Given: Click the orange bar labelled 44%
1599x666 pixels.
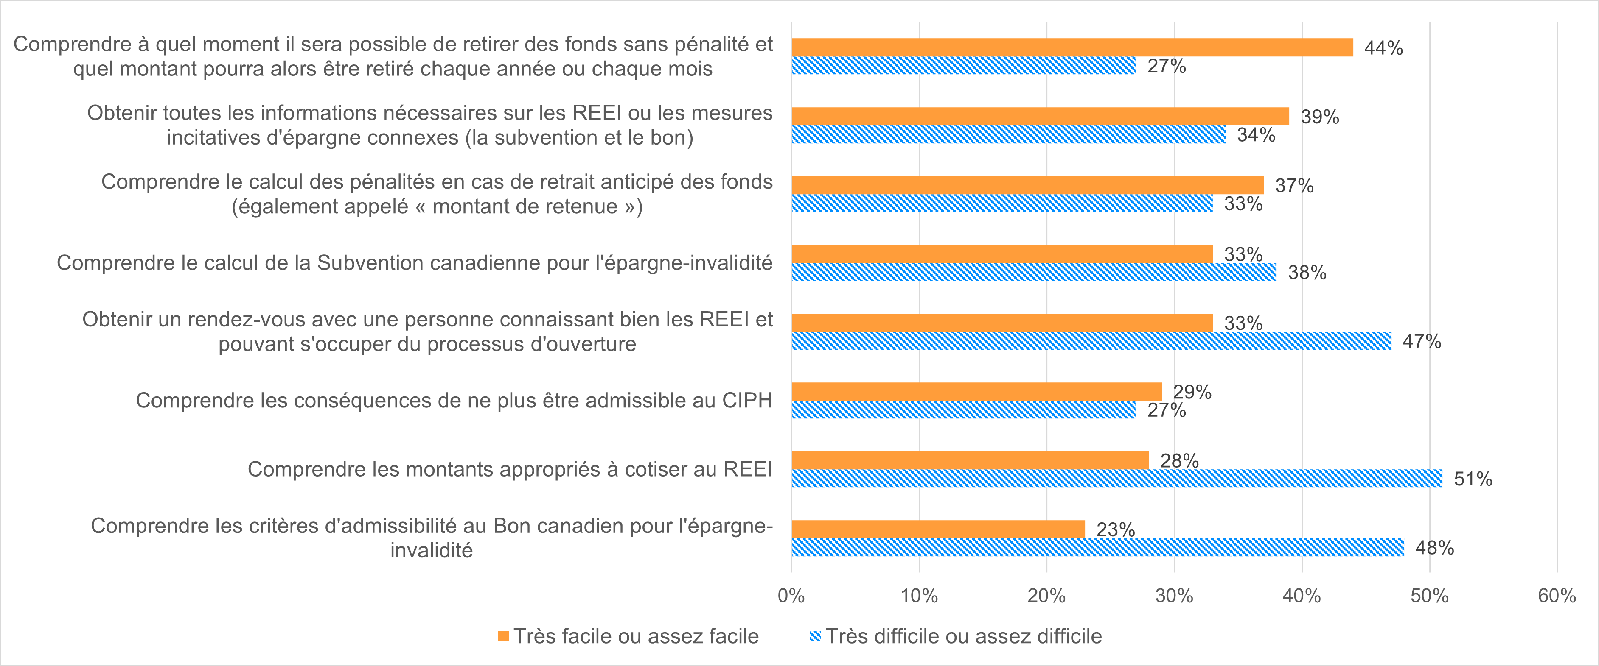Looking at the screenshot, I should click(1072, 47).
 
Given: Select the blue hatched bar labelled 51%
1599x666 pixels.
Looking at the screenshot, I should click(1116, 478).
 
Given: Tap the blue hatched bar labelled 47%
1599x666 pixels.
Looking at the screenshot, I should click(1091, 340).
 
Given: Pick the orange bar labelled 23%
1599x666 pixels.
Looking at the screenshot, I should click(938, 529).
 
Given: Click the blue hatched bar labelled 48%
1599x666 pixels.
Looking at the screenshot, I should click(1097, 547).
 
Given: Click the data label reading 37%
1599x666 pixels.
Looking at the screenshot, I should click(1294, 185).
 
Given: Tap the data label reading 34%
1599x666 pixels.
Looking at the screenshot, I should click(1256, 134).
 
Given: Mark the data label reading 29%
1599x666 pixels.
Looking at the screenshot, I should click(1192, 392).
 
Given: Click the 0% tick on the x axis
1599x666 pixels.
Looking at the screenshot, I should click(791, 596).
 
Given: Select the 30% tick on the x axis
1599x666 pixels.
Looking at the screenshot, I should click(1174, 596).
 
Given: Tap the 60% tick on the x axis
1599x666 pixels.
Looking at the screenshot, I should click(1557, 596).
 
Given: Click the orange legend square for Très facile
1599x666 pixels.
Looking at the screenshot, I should click(503, 636).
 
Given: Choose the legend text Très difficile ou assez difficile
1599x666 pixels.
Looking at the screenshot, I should click(963, 636).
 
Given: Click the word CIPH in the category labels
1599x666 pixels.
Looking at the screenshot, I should click(747, 401).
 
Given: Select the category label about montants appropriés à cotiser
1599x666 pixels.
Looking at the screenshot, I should click(510, 469).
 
